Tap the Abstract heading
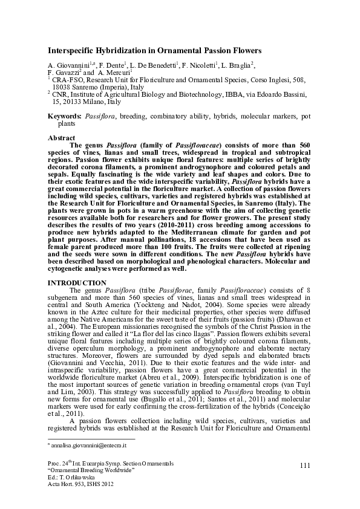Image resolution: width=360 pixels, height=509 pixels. click(x=62, y=138)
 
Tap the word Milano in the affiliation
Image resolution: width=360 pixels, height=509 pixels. click(x=93, y=102)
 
